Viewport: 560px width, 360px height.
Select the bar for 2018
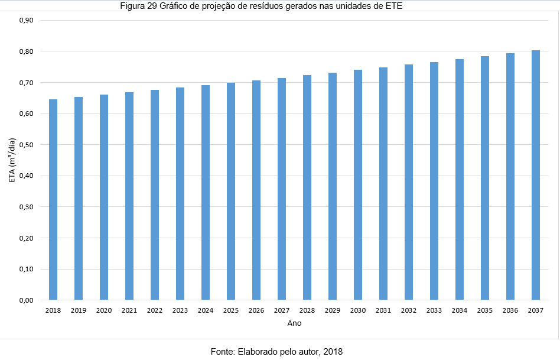53,199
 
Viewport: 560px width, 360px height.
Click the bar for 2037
535,175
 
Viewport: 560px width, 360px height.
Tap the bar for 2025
231,192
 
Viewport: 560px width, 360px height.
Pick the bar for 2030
358,185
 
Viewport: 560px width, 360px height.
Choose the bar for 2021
129,196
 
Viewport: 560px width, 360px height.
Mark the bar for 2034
460,180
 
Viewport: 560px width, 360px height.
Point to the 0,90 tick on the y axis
27,20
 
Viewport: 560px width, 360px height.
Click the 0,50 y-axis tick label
27,145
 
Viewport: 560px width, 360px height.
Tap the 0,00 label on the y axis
27,300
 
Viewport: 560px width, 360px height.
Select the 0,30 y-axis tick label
27,207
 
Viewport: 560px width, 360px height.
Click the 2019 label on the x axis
79,310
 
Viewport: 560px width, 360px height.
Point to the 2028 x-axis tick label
307,310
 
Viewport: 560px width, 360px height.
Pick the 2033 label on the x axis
434,310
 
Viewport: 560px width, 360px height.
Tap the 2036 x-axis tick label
510,310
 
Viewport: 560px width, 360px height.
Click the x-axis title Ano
294,323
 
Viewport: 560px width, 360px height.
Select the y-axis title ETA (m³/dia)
12,160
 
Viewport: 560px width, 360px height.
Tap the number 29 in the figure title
152,6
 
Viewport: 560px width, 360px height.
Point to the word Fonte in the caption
223,352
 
